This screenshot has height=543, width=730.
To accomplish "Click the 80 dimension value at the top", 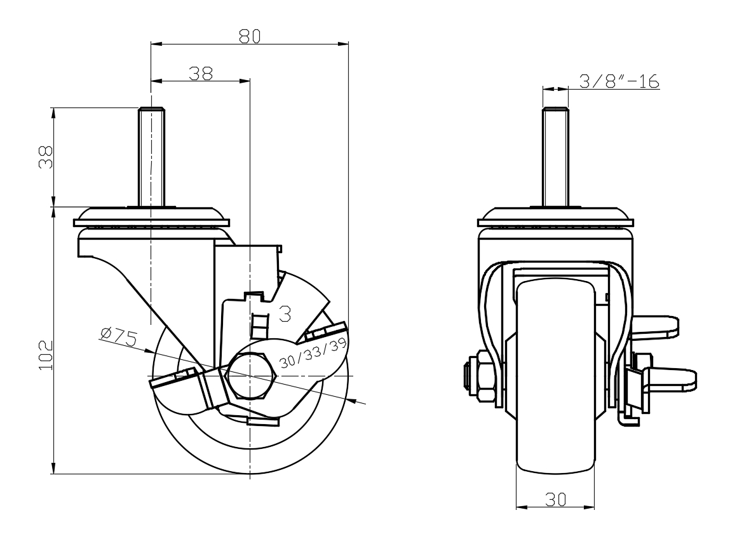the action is (x=250, y=36).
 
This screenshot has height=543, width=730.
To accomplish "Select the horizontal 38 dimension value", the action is (x=201, y=73).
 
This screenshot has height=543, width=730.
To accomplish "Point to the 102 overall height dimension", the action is (x=45, y=355).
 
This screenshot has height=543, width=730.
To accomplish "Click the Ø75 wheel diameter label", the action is (x=118, y=337).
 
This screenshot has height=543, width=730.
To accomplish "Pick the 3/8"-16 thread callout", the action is (x=619, y=81).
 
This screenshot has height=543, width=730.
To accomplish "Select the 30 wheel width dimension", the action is (x=555, y=500).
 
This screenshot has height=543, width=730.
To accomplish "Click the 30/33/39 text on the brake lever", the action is (x=313, y=355).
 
